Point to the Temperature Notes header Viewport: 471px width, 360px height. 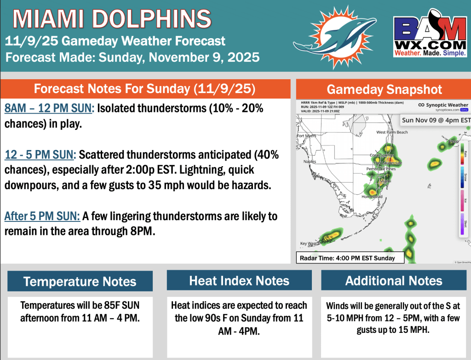click(x=80, y=281)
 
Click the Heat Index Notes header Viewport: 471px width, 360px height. click(x=239, y=281)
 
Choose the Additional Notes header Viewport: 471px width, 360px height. click(x=394, y=281)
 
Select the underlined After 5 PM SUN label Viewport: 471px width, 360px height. click(x=43, y=215)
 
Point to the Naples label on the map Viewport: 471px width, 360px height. click(x=310, y=162)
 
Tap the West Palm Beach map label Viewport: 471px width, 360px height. click(x=392, y=132)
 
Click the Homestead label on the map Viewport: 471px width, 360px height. click(x=372, y=197)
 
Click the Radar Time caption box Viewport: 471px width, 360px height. click(x=350, y=258)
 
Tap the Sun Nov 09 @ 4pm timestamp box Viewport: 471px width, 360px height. click(x=436, y=120)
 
